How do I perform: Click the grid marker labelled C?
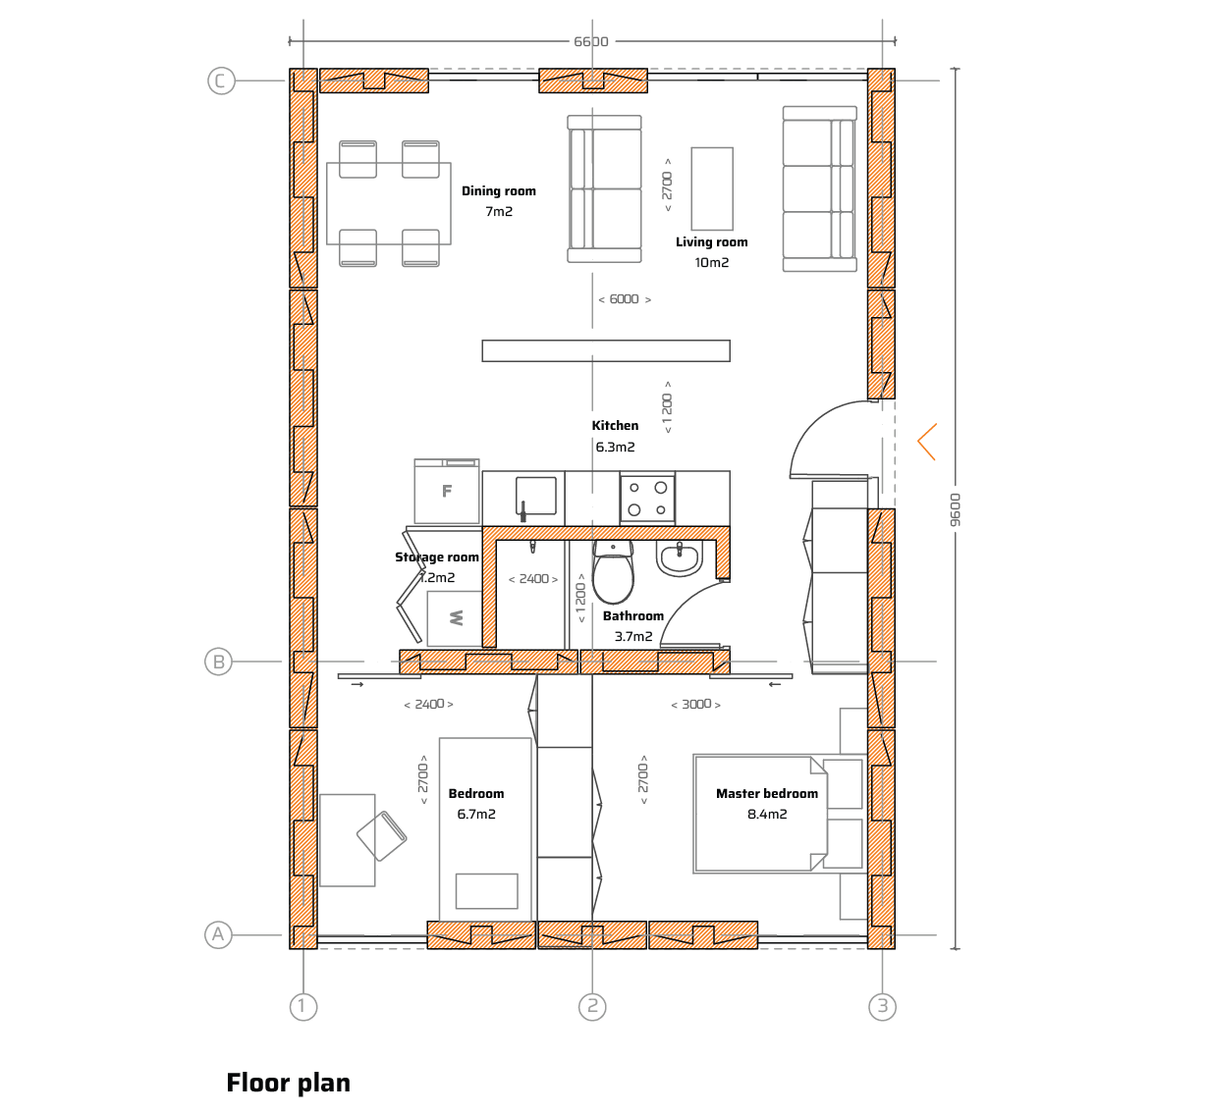[221, 80]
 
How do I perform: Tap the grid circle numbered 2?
[592, 1006]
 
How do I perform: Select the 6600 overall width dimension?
[590, 41]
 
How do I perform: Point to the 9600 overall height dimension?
[955, 509]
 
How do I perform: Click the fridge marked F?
[447, 492]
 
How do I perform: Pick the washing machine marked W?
[455, 618]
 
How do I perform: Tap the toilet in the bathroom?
[613, 571]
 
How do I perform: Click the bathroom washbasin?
[680, 558]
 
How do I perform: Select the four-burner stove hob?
[647, 499]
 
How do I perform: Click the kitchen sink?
[535, 496]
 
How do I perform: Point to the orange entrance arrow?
[926, 442]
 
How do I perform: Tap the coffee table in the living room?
[712, 188]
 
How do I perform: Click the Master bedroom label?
[766, 794]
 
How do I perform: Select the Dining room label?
[499, 191]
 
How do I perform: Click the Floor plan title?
[289, 1083]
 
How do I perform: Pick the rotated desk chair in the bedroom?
[381, 836]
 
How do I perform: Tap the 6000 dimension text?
[624, 299]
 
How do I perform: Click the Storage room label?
[437, 557]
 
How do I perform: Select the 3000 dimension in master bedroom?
[696, 704]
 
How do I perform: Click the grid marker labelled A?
[218, 934]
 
